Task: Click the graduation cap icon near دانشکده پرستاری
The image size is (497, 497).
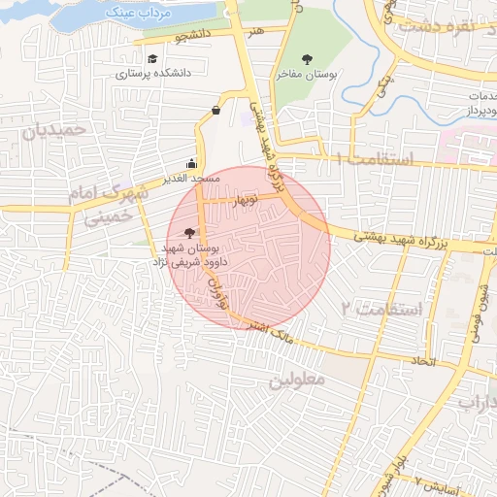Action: click(x=151, y=57)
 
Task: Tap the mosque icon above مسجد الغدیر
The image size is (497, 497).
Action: click(x=191, y=163)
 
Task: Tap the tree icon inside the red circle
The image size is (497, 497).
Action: click(x=188, y=233)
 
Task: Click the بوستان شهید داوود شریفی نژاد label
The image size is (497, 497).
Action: click(x=194, y=255)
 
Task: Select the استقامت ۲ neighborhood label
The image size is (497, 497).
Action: click(x=382, y=309)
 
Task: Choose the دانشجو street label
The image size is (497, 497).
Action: click(x=193, y=36)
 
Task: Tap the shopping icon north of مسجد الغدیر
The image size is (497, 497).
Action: click(x=215, y=111)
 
